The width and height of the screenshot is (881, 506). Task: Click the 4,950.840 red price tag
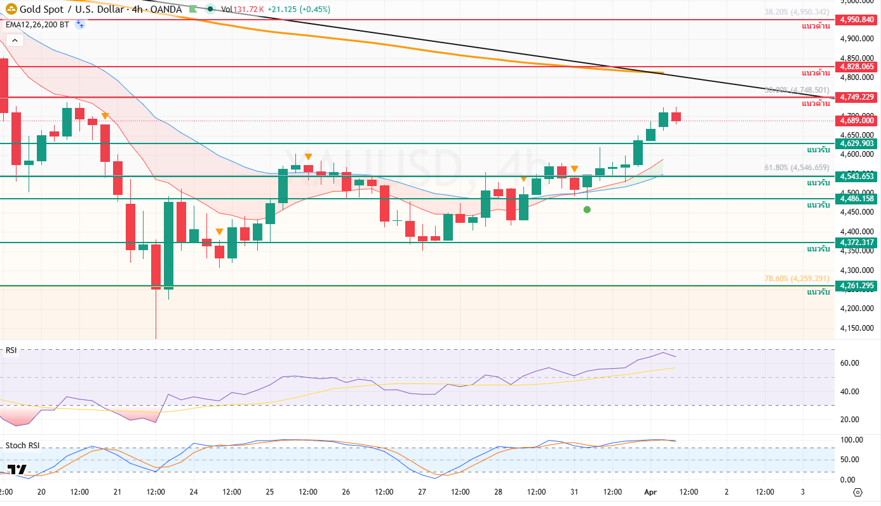pos(857,20)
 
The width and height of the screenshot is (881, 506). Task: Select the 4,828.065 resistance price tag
pos(857,66)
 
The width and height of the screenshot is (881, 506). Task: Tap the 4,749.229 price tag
pos(857,97)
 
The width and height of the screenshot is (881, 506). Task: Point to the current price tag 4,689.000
pos(857,120)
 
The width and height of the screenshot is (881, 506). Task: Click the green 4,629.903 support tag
pos(857,143)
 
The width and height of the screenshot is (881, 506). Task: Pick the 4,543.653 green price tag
pos(857,176)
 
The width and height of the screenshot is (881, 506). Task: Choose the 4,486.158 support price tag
pos(857,199)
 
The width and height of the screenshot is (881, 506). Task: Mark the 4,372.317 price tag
pos(857,243)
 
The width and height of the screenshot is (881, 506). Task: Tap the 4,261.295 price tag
pos(857,286)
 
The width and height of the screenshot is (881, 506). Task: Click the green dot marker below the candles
pos(587,210)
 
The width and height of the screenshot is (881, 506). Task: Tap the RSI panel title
pos(11,350)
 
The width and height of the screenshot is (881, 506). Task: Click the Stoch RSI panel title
pos(22,445)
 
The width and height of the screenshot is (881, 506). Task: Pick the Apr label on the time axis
pos(650,492)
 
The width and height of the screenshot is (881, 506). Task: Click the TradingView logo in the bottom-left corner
pos(18,470)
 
